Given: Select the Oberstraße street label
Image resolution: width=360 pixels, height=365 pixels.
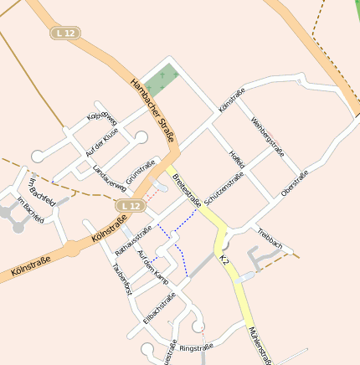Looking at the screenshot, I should [295, 183].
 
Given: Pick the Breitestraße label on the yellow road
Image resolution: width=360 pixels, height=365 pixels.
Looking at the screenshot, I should [186, 190].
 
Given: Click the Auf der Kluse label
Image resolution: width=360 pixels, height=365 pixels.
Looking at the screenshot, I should [102, 142].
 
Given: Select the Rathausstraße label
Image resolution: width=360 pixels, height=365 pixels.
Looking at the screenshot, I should [133, 239].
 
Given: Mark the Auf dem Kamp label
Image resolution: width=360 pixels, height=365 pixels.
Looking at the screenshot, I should [152, 267].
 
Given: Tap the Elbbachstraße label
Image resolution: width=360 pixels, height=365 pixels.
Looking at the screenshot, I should [159, 308].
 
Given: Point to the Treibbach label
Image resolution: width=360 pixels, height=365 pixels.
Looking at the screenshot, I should [271, 239].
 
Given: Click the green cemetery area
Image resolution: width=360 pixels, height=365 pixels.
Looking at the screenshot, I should [160, 79].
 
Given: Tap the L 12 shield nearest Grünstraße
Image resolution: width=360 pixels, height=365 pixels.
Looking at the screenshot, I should [128, 205].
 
